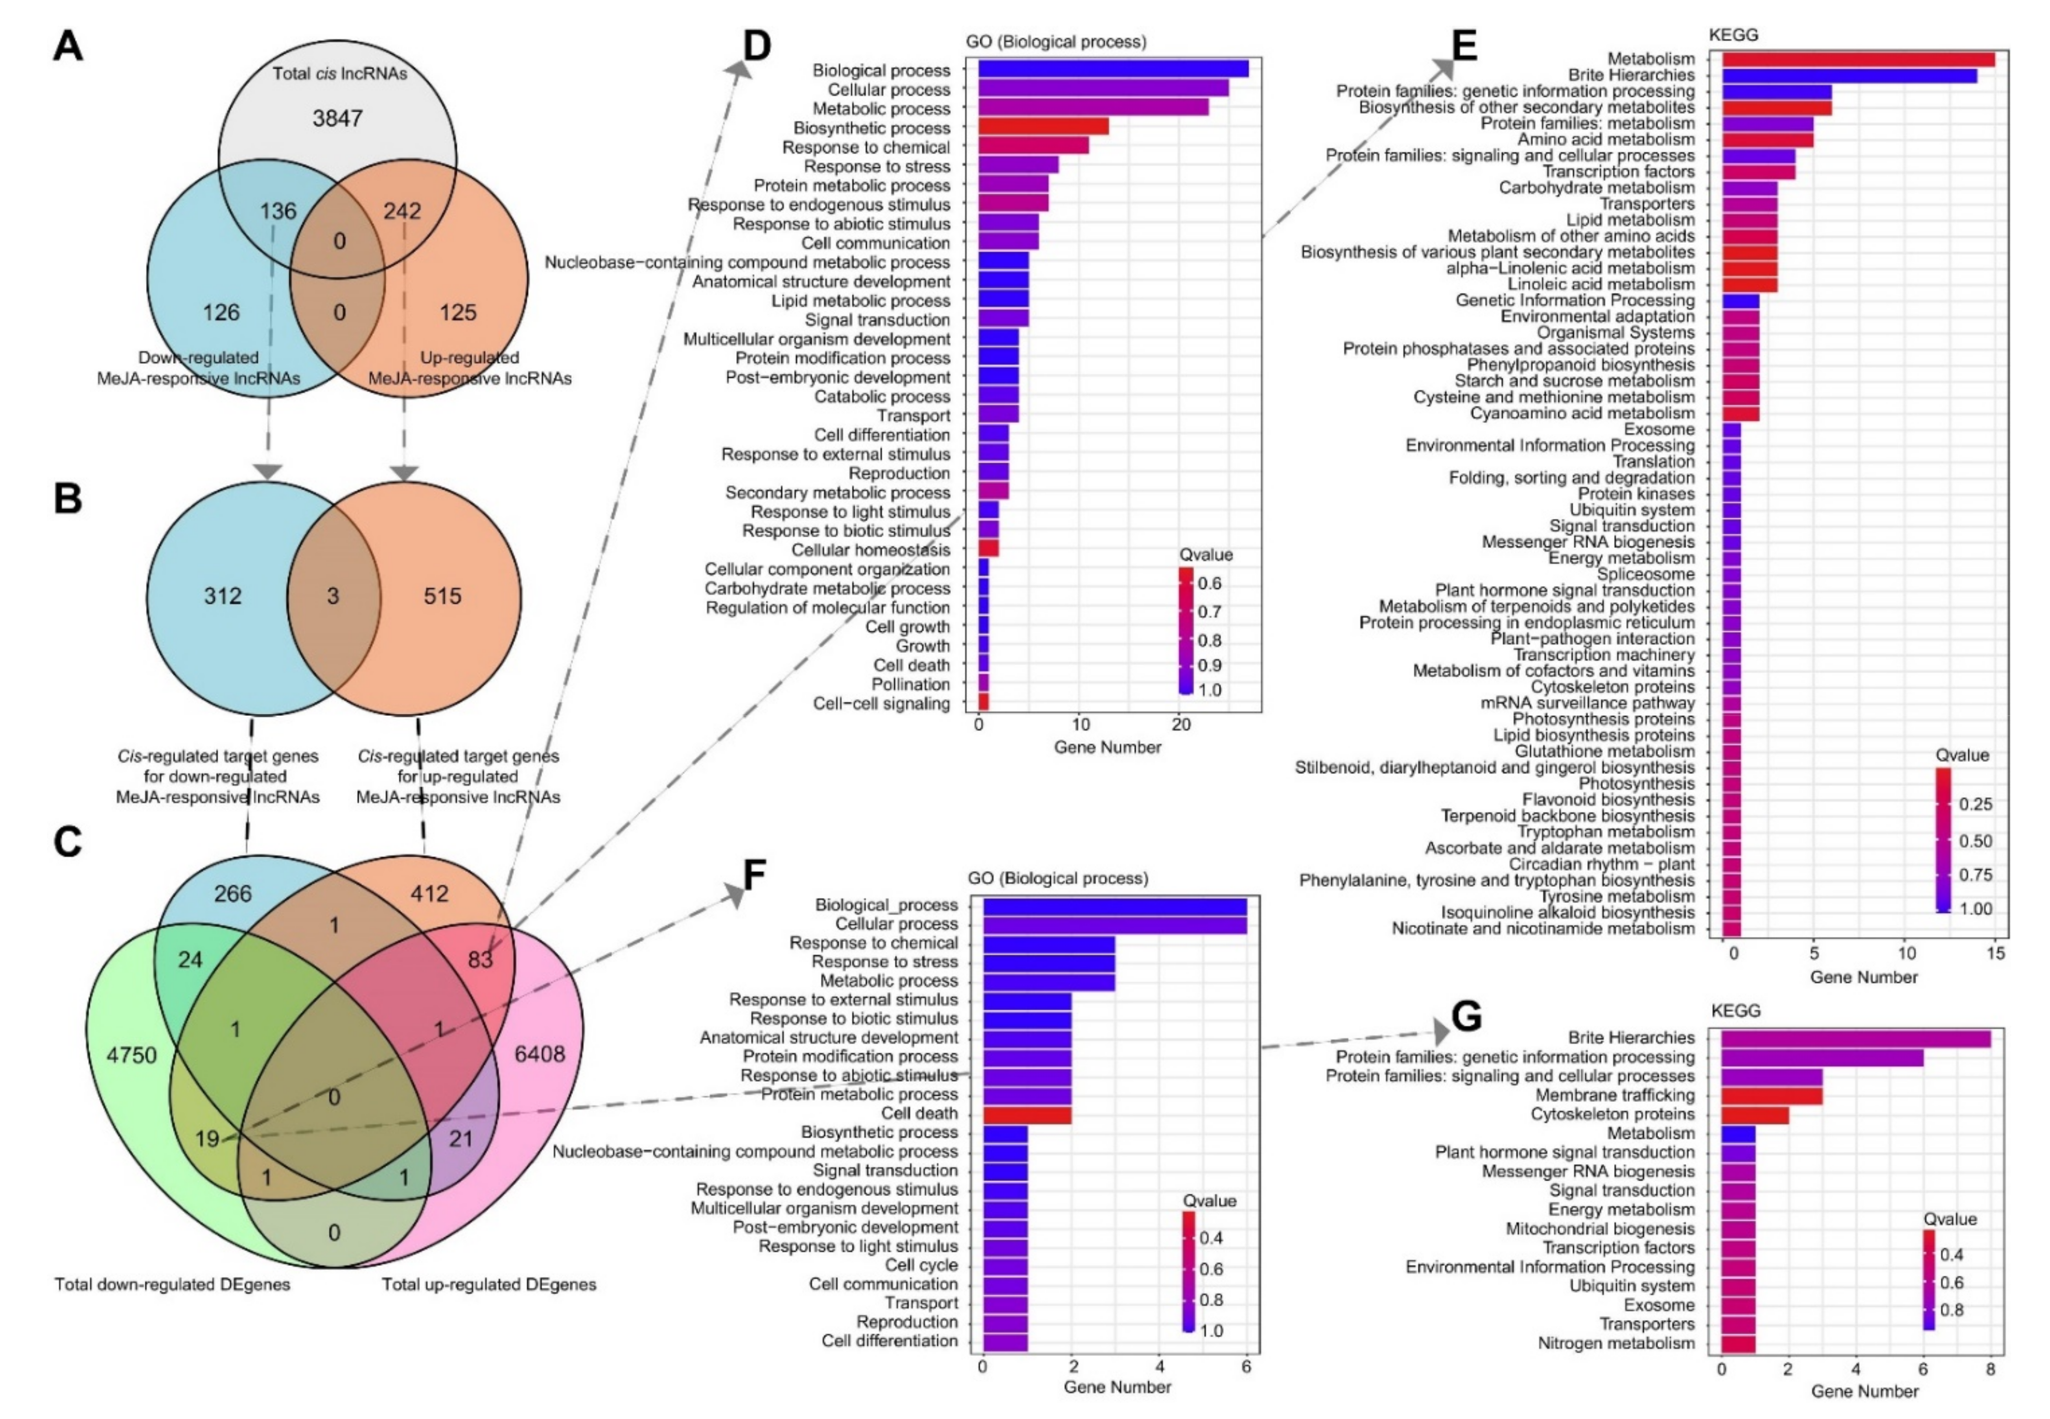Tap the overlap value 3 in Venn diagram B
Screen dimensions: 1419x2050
[x=332, y=596]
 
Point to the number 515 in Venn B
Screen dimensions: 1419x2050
[x=442, y=596]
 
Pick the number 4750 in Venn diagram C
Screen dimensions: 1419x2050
[x=131, y=1055]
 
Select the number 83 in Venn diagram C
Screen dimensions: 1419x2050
[x=480, y=959]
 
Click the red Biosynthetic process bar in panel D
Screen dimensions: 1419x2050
[x=1043, y=127]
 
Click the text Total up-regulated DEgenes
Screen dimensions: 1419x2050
[x=489, y=1284]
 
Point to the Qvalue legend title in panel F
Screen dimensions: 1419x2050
[x=1209, y=1200]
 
